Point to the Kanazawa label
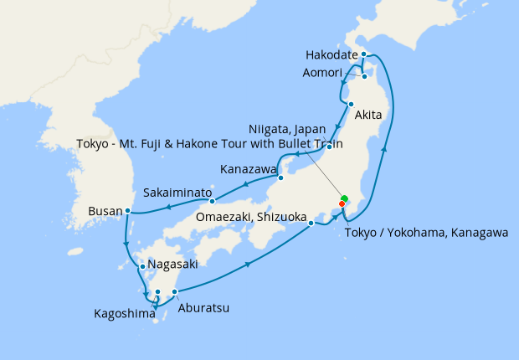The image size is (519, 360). point(248,169)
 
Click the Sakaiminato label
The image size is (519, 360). point(177,192)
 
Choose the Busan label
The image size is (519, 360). point(105,212)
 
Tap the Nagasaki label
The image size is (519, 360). point(172,264)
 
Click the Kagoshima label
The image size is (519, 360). point(125,314)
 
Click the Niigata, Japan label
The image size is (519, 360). point(286,129)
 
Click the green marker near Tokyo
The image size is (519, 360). point(344,198)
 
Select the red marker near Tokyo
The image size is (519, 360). point(342,203)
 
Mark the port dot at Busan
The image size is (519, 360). point(127,210)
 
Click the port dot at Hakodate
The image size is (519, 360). point(364,54)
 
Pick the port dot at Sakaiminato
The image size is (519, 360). point(213,200)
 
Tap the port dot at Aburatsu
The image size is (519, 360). point(174,291)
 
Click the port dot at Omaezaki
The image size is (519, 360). point(311,223)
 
